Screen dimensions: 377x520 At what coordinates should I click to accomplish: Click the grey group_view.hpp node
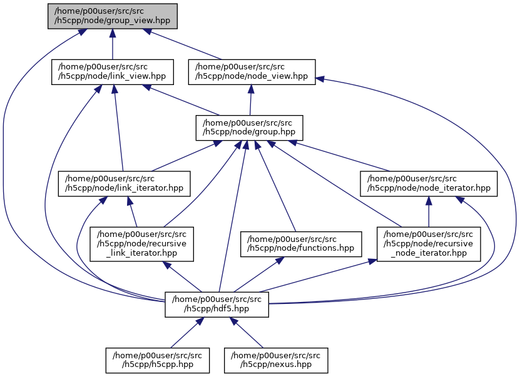click(x=112, y=16)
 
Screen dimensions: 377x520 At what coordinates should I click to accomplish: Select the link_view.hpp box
click(x=112, y=71)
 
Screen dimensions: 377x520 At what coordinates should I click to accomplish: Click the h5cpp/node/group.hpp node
click(x=249, y=127)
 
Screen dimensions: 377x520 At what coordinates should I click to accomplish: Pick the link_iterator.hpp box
click(x=123, y=183)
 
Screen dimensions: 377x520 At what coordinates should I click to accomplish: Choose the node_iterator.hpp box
click(x=429, y=183)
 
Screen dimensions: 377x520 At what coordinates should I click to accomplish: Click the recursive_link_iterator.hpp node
click(x=142, y=243)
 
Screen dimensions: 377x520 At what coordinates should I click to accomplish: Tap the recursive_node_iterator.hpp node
click(x=429, y=243)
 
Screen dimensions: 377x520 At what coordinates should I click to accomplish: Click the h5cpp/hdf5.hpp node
click(x=217, y=303)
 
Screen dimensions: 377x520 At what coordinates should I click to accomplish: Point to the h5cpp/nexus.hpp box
click(x=277, y=359)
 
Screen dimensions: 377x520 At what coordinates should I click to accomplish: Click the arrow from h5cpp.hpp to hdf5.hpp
click(x=185, y=331)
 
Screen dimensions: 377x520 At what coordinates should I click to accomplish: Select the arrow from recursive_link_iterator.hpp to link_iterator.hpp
click(x=132, y=212)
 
